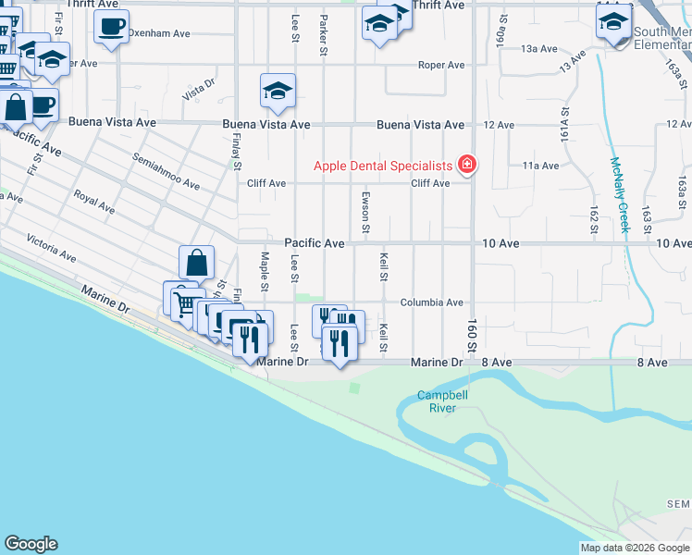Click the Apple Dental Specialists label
383,166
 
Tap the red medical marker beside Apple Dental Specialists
467,166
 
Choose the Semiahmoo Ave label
167,171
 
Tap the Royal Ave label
93,203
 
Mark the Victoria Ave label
51,247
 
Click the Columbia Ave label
431,302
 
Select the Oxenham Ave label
159,33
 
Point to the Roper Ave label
441,65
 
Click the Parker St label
324,35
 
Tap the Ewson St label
366,212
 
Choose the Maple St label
265,272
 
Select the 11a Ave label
541,166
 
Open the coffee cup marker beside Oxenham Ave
111,28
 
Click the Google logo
31,544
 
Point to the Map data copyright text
634,548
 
